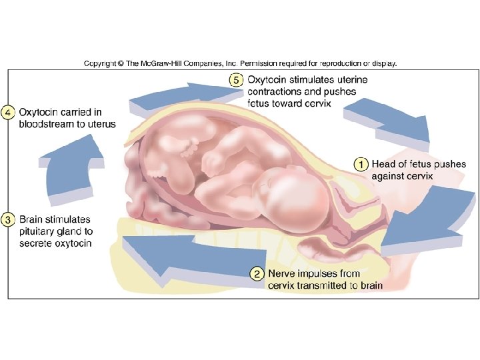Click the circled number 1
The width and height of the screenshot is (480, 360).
point(360,163)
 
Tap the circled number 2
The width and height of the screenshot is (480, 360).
point(256,273)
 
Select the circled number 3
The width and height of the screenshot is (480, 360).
point(8,219)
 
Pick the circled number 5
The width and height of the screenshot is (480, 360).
point(236,79)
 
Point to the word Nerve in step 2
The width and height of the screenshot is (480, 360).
point(281,273)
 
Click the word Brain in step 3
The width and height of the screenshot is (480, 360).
point(33,219)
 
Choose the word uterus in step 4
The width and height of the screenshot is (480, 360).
point(101,124)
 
